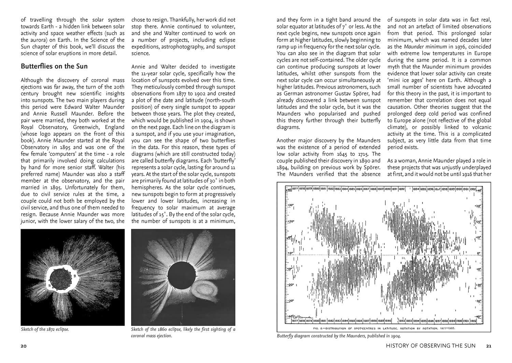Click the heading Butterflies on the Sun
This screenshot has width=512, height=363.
pos(54,67)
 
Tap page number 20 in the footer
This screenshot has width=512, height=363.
pos(24,346)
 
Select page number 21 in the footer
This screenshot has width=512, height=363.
pos(488,346)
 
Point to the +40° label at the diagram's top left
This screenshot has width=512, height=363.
pos(288,190)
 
